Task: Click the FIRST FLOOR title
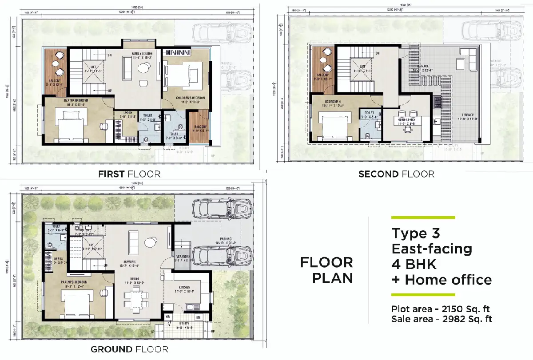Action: pyautogui.click(x=129, y=174)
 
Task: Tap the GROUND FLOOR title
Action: pyautogui.click(x=129, y=349)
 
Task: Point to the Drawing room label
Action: pyautogui.click(x=129, y=261)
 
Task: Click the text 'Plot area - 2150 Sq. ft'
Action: pyautogui.click(x=441, y=309)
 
